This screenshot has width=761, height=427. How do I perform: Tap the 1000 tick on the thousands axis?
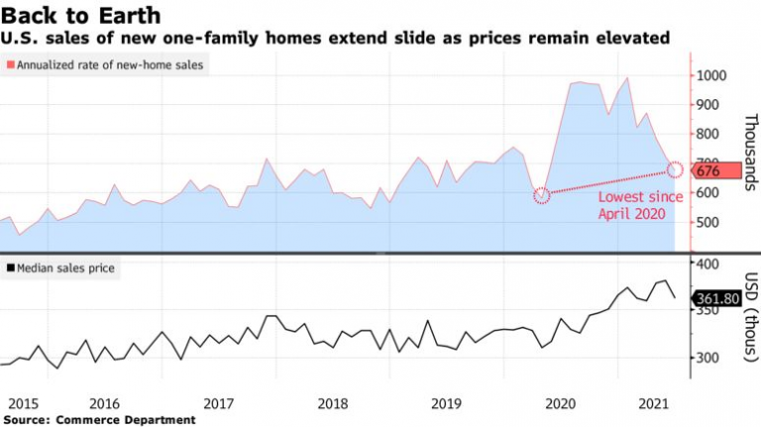(713, 75)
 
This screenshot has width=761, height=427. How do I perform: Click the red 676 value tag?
(714, 170)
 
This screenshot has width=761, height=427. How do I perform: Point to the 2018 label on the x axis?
(333, 404)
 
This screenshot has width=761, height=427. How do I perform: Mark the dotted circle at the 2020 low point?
(541, 195)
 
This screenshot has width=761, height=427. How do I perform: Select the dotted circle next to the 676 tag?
(675, 169)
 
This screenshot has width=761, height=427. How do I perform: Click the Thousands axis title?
(750, 149)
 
